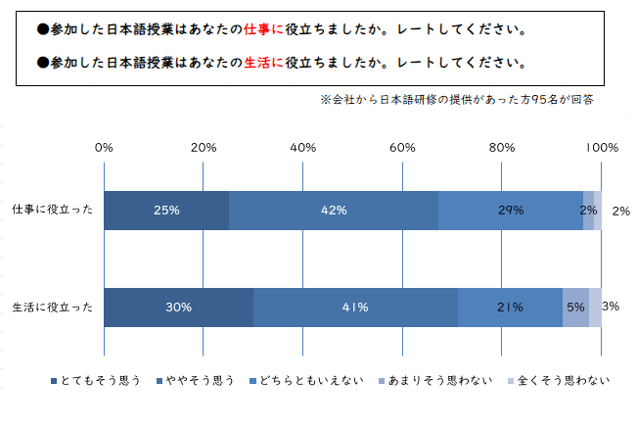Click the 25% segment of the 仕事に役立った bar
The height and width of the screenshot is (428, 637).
click(166, 210)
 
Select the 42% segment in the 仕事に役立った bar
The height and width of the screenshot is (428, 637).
click(334, 210)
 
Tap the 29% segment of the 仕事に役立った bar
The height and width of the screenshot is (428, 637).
click(511, 210)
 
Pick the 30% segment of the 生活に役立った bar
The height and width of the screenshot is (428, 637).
click(178, 308)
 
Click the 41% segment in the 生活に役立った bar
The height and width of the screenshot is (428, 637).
click(355, 308)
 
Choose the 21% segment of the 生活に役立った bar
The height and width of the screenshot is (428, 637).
click(510, 308)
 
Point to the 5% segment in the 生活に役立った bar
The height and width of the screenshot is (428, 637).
click(575, 308)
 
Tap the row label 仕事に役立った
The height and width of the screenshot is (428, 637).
click(53, 210)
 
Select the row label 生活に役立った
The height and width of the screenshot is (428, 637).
click(53, 308)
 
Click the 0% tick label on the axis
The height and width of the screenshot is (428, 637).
click(104, 148)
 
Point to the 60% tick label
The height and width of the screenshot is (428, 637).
click(402, 148)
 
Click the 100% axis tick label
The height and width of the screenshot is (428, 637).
click(601, 148)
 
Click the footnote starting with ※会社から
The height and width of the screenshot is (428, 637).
click(457, 99)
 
